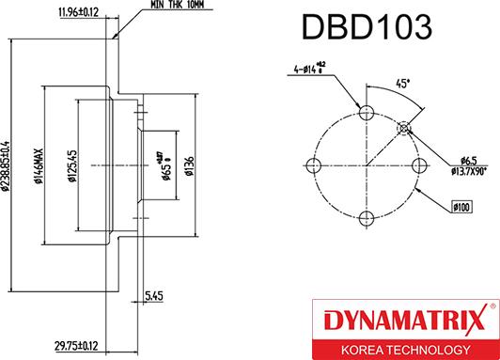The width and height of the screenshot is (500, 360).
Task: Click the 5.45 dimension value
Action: [155, 295]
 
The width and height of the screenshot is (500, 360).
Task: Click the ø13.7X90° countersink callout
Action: [467, 172]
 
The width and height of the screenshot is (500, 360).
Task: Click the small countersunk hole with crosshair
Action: [405, 128]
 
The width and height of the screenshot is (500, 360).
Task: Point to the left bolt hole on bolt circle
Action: [315, 166]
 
